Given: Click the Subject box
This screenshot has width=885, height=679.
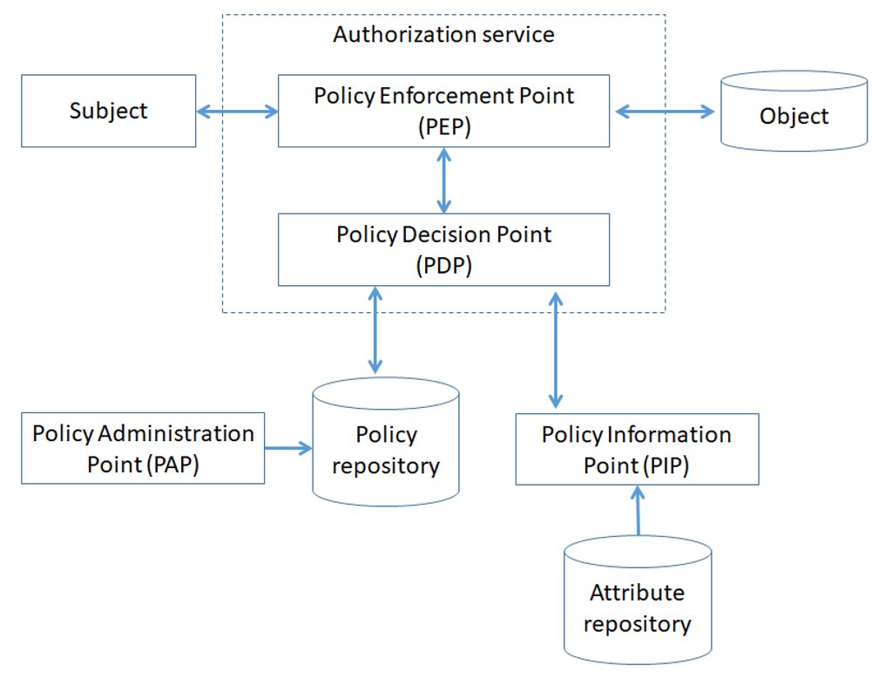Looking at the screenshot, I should click(108, 111).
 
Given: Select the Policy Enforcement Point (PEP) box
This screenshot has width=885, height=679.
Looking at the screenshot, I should click(443, 110).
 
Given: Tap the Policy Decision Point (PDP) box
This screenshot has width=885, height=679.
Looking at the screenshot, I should click(443, 250).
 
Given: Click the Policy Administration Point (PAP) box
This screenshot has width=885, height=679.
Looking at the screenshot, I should click(143, 448).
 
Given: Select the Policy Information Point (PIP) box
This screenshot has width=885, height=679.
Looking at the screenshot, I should click(637, 449).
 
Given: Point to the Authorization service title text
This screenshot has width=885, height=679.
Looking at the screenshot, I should click(443, 35).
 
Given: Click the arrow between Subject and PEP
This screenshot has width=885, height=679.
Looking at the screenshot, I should click(237, 111).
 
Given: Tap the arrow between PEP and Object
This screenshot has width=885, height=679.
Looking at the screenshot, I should click(665, 111).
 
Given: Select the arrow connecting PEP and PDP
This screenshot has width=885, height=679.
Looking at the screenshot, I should click(444, 180).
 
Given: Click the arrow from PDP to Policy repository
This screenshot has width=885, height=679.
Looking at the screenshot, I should click(375, 329).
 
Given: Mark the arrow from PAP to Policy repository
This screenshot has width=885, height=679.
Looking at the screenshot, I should click(287, 448).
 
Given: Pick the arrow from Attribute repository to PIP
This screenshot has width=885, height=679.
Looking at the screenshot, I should click(638, 511).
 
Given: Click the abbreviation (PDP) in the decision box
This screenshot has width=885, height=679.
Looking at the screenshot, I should click(444, 266).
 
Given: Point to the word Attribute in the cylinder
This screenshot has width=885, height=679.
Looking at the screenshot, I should click(637, 593).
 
